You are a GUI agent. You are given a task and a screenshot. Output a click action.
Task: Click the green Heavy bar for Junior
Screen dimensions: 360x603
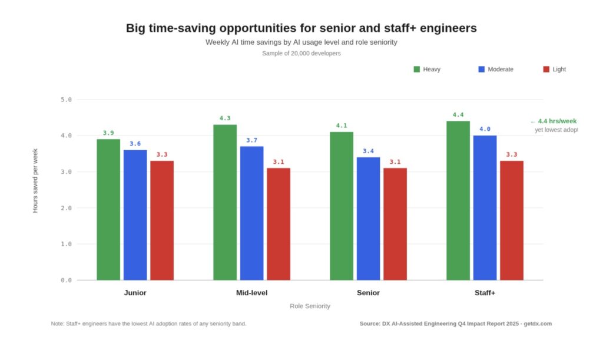pyautogui.click(x=108, y=209)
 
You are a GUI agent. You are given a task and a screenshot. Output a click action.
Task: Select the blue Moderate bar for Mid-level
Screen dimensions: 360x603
pyautogui.click(x=251, y=213)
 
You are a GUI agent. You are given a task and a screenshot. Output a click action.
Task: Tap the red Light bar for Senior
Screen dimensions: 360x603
pyautogui.click(x=395, y=224)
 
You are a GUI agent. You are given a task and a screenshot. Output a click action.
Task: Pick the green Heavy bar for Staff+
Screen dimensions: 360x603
pyautogui.click(x=458, y=200)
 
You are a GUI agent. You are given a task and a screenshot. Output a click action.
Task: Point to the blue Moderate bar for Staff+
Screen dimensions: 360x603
pyautogui.click(x=485, y=207)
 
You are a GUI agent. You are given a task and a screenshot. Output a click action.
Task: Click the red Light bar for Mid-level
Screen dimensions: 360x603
pyautogui.click(x=279, y=224)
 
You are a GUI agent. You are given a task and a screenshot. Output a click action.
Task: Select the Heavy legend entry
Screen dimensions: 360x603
pyautogui.click(x=427, y=70)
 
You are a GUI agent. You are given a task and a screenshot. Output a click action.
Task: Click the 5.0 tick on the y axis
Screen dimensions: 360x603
pyautogui.click(x=66, y=100)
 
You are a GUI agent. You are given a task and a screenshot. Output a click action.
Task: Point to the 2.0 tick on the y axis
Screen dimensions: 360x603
pyautogui.click(x=66, y=208)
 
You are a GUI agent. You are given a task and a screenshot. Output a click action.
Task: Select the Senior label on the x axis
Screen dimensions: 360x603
pyautogui.click(x=368, y=293)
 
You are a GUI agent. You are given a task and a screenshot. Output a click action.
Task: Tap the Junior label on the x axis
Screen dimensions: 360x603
pyautogui.click(x=135, y=293)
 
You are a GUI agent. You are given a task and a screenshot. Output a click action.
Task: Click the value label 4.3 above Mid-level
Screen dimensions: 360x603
pyautogui.click(x=225, y=118)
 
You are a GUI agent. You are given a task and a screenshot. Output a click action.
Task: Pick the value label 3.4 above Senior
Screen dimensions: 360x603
pyautogui.click(x=368, y=151)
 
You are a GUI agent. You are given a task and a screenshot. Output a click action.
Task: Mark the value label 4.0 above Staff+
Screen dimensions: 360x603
pyautogui.click(x=485, y=129)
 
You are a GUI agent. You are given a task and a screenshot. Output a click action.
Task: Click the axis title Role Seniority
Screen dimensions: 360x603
pyautogui.click(x=310, y=306)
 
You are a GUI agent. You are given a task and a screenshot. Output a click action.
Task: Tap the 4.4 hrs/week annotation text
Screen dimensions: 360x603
pyautogui.click(x=556, y=121)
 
